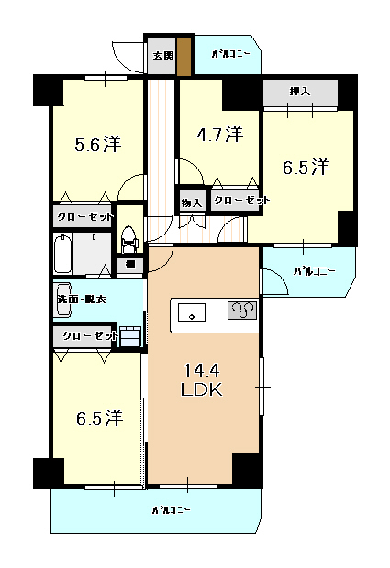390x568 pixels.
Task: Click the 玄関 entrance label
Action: pyautogui.click(x=163, y=56)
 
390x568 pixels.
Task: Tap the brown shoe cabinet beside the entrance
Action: pyautogui.click(x=184, y=56)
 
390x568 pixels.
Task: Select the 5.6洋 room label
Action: pyautogui.click(x=98, y=144)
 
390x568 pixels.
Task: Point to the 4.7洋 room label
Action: pyautogui.click(x=220, y=134)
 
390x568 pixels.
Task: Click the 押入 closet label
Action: pyautogui.click(x=300, y=91)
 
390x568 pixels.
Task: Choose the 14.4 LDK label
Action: pyautogui.click(x=202, y=380)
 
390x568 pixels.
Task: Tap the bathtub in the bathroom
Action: pyautogui.click(x=62, y=254)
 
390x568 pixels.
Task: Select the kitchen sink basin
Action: pyautogui.click(x=191, y=312)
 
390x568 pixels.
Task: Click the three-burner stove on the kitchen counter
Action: pyautogui.click(x=242, y=310)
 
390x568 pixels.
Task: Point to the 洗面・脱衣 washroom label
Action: pyautogui.click(x=82, y=300)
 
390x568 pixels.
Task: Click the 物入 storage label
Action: pyautogui.click(x=192, y=202)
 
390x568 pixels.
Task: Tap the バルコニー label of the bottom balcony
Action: pyautogui.click(x=172, y=510)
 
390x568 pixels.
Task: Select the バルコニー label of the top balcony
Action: pyautogui.click(x=230, y=54)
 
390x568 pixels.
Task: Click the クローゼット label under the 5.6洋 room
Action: pyautogui.click(x=85, y=217)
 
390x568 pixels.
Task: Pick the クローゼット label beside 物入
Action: pyautogui.click(x=242, y=201)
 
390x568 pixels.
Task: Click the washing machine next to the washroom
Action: pyautogui.click(x=130, y=336)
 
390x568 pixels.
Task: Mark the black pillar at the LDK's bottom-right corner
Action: pyautogui.click(x=248, y=470)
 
